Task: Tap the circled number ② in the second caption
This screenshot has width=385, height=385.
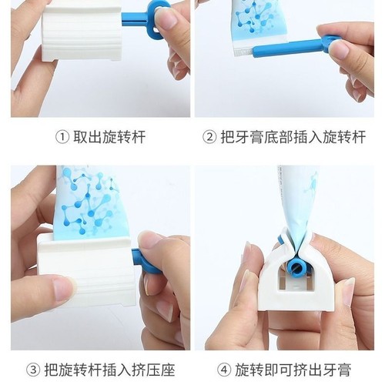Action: click(208, 138)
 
